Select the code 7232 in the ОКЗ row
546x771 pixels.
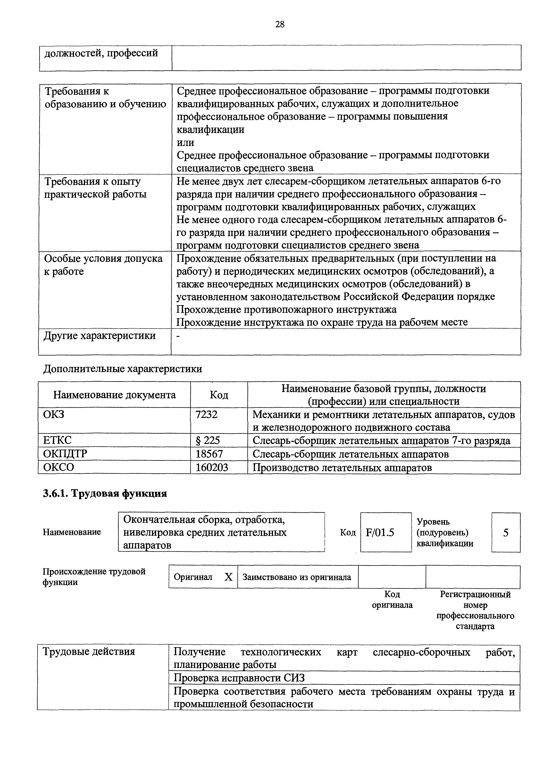pyautogui.click(x=207, y=414)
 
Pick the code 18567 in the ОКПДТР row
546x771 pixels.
pyautogui.click(x=209, y=454)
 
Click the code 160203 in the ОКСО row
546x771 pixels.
pyautogui.click(x=212, y=467)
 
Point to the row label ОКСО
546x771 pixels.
pyautogui.click(x=59, y=467)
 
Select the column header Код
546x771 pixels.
pyautogui.click(x=219, y=395)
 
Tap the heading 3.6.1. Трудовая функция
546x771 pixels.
pyautogui.click(x=105, y=493)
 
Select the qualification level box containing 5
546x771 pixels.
pyautogui.click(x=506, y=533)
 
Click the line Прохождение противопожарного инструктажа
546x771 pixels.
pyautogui.click(x=286, y=309)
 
